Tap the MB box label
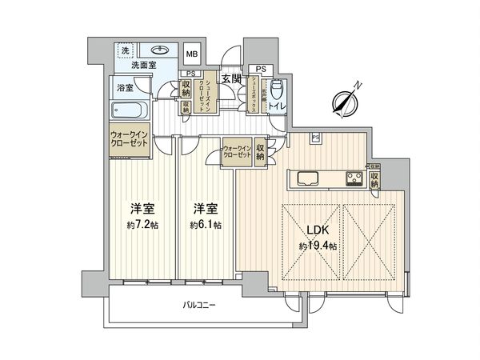click(x=192, y=54)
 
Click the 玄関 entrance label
click(x=232, y=78)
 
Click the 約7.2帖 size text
click(x=142, y=225)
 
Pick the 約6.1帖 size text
click(x=206, y=225)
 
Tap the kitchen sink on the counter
click(x=308, y=177)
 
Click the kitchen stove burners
click(x=354, y=177)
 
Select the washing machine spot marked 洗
click(x=125, y=50)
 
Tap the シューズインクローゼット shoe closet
click(x=205, y=98)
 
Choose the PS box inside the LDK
click(x=315, y=138)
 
